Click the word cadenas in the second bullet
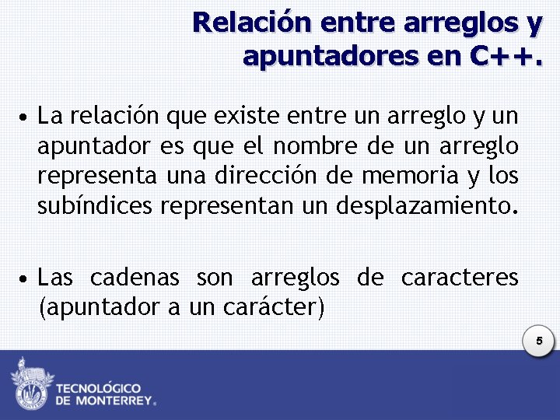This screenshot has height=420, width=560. click(x=135, y=278)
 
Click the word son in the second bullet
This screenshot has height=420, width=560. click(x=215, y=278)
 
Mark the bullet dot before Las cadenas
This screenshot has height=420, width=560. click(x=26, y=279)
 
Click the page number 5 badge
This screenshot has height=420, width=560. click(x=537, y=341)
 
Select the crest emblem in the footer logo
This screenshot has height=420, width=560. click(x=30, y=384)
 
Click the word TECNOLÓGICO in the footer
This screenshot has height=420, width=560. click(x=98, y=387)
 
